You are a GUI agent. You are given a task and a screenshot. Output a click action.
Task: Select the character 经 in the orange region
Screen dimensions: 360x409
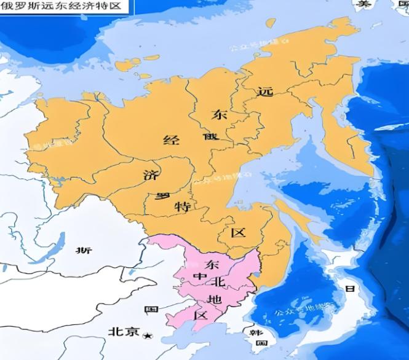pyautogui.click(x=171, y=139)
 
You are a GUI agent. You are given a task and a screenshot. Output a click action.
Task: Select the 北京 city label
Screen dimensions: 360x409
pyautogui.click(x=123, y=332)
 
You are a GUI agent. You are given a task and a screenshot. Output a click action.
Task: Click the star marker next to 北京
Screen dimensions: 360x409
pyautogui.click(x=146, y=335)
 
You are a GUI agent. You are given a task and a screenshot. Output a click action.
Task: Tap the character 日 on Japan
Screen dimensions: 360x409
pyautogui.click(x=350, y=289)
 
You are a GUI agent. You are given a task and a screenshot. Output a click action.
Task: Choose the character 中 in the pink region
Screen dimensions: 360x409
pyautogui.click(x=200, y=278)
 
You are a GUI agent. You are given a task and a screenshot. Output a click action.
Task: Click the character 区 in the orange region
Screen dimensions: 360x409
pyautogui.click(x=238, y=233)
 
